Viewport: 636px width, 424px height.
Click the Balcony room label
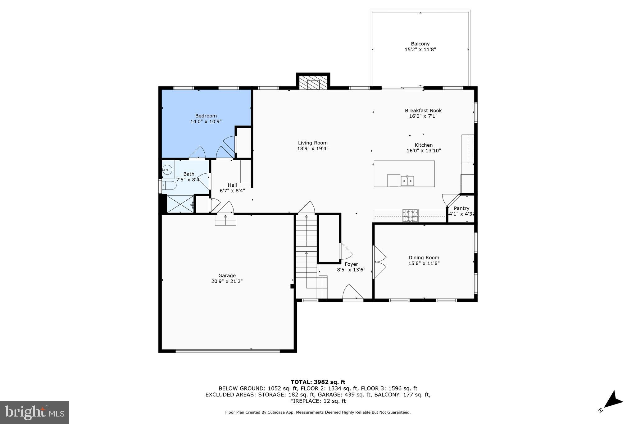420,44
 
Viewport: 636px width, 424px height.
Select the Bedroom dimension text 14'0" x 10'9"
206,122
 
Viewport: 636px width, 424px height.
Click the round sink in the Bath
167,170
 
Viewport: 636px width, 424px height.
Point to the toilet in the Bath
169,186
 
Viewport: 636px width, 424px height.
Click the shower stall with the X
180,204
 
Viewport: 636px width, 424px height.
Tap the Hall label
232,185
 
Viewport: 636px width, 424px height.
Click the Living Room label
313,143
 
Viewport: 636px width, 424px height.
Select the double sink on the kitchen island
407,181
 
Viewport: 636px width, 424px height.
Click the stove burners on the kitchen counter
410,216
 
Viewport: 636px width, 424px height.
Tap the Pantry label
461,208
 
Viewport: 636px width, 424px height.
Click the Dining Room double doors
379,262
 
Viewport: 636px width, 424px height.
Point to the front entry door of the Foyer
353,293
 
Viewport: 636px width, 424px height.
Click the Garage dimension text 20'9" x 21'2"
227,281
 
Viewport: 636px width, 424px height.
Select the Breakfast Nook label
423,111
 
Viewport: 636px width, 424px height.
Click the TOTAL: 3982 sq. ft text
318,382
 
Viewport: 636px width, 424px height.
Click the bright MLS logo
34,413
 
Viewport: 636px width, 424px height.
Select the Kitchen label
424,145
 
